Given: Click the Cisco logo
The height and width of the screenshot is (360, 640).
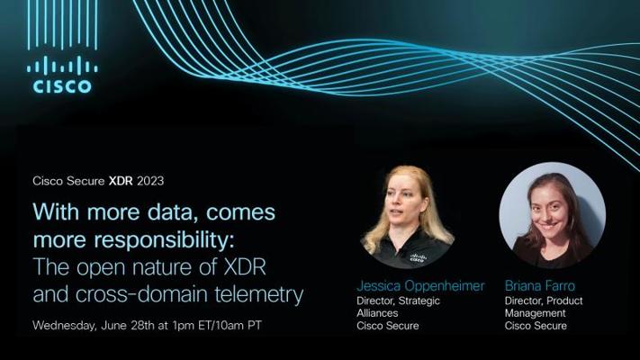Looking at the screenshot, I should point(61,75).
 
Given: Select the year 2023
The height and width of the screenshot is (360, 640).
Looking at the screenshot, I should point(150,180).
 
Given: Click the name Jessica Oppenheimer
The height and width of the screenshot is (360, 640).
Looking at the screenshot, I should point(420,285).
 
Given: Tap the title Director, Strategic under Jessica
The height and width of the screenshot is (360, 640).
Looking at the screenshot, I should point(398,301).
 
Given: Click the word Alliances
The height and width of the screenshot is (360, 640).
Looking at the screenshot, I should point(379,313).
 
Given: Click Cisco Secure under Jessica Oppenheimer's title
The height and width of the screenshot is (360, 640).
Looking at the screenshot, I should point(387,326).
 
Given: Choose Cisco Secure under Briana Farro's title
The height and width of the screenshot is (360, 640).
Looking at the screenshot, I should point(536,326).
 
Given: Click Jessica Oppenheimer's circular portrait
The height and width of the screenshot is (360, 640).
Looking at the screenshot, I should point(407,217).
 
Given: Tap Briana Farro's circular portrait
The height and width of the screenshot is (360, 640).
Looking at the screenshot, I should point(552,215).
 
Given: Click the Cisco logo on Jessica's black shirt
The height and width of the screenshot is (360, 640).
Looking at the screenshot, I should point(418,257).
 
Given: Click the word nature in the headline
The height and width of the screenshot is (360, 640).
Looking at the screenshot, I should point(148,267).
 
